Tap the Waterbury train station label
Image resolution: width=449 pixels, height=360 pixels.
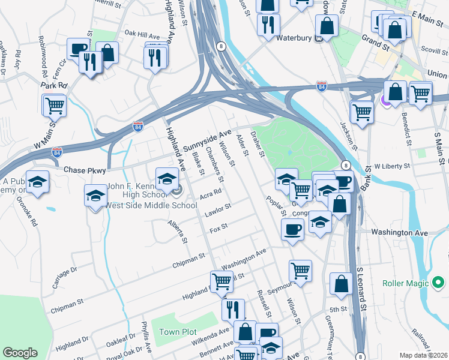(296, 38)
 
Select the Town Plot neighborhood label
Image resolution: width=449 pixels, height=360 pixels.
(178, 332)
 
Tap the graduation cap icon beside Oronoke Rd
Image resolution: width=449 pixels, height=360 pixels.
(37, 182)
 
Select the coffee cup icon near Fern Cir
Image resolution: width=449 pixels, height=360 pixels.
(78, 48)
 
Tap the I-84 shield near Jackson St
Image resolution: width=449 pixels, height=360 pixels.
(322, 88)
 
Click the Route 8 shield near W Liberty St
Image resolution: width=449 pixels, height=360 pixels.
(345, 165)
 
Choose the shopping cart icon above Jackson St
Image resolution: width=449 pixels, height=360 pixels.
(362, 111)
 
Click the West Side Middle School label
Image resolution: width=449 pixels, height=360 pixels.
(151, 206)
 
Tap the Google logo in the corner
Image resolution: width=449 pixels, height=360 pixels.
(20, 353)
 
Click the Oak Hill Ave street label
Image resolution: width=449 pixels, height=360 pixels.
(142, 35)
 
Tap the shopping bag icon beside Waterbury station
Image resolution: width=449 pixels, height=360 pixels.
(327, 25)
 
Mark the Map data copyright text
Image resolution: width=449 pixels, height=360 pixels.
(424, 355)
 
